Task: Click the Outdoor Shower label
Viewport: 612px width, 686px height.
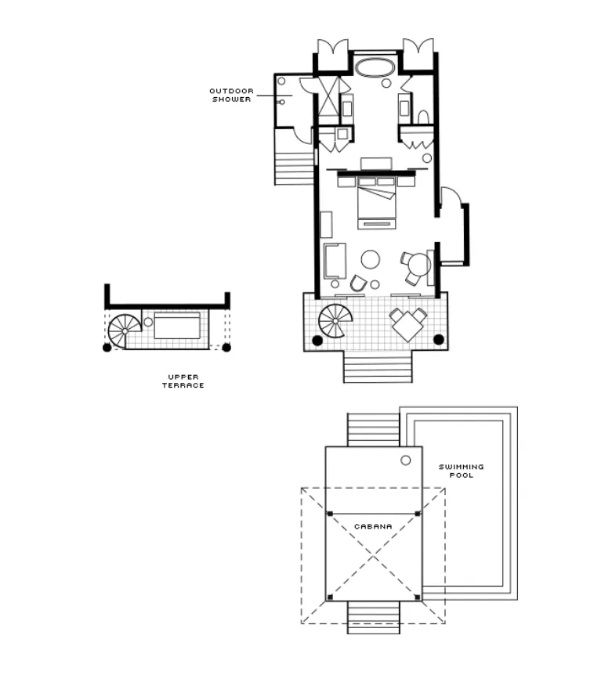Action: [x=231, y=95]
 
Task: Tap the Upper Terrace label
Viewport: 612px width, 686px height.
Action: [x=183, y=381]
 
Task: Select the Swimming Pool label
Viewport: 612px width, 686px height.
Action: [x=461, y=471]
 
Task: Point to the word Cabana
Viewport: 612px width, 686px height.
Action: [x=373, y=526]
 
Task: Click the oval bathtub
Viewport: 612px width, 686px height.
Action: [x=375, y=68]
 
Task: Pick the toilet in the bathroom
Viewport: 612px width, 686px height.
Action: [x=423, y=117]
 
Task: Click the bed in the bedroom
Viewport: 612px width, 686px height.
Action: [x=376, y=202]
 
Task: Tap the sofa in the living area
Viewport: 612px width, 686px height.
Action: [x=335, y=261]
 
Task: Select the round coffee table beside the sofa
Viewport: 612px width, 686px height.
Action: [x=371, y=259]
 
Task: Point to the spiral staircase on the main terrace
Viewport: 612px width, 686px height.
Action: [x=335, y=321]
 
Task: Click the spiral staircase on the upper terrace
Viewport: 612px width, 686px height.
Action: [x=125, y=331]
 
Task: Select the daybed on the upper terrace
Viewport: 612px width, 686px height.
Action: [x=177, y=325]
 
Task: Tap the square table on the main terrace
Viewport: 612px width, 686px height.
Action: [x=408, y=326]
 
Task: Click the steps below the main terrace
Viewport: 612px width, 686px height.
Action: [x=378, y=366]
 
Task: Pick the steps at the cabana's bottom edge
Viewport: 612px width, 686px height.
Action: [x=374, y=617]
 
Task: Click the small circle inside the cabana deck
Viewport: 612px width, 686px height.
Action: [x=406, y=460]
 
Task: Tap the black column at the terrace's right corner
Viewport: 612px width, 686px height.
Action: [x=438, y=339]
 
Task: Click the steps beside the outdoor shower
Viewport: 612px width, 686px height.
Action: [x=294, y=168]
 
